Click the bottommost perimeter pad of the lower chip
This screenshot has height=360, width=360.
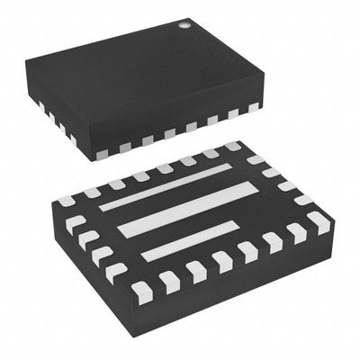[141, 290]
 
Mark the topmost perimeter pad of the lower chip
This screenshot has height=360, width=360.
[232, 147]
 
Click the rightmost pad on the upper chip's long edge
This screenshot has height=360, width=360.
[250, 110]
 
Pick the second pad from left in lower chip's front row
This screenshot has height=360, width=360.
[167, 280]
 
